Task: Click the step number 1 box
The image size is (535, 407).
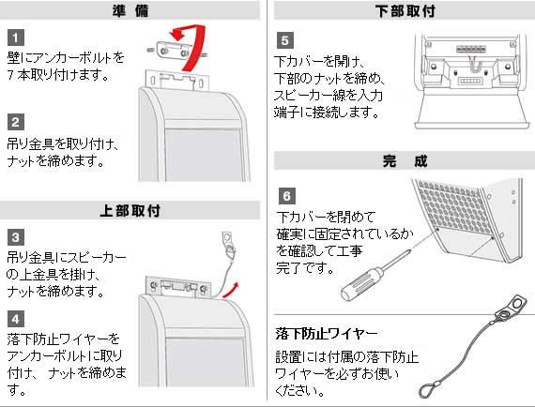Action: (16, 38)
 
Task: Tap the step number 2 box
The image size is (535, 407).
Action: (16, 122)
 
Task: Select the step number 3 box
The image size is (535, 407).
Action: (16, 237)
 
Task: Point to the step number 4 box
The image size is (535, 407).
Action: (16, 320)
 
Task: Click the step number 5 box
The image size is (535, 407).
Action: (285, 40)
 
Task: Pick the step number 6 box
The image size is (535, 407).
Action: (287, 196)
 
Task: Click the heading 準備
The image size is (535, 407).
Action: (130, 10)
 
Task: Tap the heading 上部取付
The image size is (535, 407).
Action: (130, 210)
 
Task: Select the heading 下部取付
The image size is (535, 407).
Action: (405, 10)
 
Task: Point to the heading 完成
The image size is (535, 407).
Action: (405, 160)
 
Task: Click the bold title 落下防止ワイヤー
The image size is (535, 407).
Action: (327, 333)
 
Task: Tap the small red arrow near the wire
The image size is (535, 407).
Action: (231, 290)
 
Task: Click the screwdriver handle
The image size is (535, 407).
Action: (362, 284)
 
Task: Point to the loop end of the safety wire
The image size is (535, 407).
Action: (428, 389)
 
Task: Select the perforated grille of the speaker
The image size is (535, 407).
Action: (453, 207)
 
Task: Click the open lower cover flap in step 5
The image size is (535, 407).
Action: (472, 112)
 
